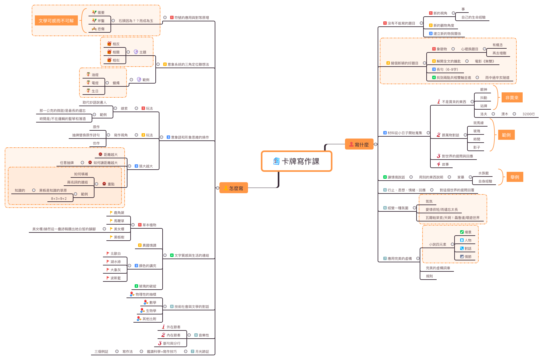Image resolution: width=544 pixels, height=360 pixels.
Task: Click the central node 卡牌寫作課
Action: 297,161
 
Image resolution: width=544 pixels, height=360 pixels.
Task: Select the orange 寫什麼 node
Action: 359,144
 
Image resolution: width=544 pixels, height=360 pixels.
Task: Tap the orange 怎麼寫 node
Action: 234,188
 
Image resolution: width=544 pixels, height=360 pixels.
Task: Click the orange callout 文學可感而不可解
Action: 56,21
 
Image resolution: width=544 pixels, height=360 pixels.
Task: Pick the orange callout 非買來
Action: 512,98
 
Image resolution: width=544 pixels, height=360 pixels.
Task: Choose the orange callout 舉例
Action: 515,177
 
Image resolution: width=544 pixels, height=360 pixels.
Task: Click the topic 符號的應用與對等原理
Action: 191,18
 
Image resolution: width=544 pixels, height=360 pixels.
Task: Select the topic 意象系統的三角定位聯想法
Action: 188,64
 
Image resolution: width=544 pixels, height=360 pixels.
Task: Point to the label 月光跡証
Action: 202,352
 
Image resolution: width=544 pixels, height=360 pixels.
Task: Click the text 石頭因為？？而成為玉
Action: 136,21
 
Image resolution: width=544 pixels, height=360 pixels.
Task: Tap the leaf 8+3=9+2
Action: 59,199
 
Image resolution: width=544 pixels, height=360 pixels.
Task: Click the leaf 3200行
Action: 529,114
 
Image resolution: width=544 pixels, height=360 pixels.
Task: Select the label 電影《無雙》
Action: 484,61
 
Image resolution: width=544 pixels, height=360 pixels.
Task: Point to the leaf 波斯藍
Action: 116,278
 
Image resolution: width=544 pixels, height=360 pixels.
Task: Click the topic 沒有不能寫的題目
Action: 401,23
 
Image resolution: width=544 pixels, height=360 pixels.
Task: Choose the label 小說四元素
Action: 438,244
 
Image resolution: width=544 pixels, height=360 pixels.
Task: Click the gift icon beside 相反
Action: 109,44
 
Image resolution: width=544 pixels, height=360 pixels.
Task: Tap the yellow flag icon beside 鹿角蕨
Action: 111,212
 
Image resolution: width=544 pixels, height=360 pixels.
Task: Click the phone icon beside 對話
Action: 462,248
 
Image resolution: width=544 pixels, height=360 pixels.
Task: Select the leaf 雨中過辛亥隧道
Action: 497,78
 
